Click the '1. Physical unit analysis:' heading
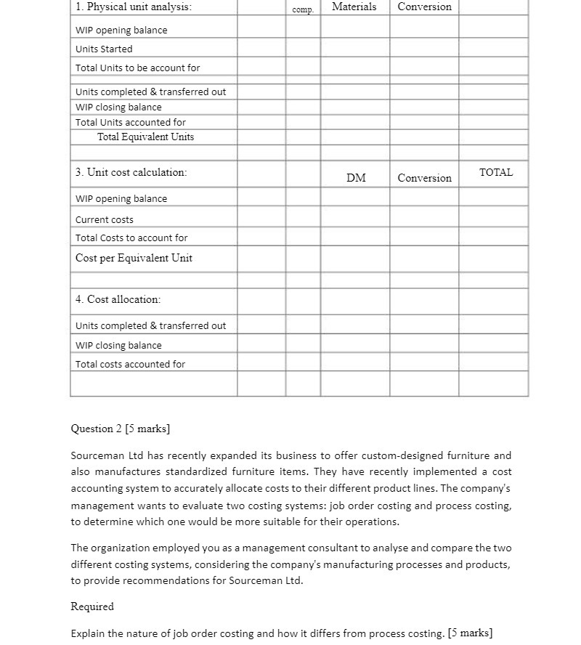pos(134,7)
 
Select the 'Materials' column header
pos(354,7)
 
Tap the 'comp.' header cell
pos(303,10)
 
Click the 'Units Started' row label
pos(104,49)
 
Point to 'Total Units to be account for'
pos(137,68)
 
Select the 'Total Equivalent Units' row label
pos(145,137)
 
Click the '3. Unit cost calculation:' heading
pos(131,173)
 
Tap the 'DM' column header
pos(356,178)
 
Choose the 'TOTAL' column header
pos(495,173)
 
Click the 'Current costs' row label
pos(105,219)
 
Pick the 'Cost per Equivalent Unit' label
pos(134,259)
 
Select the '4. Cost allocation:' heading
pos(118,299)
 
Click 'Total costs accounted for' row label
pos(130,365)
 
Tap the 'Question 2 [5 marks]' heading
pos(121,429)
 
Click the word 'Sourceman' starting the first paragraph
pos(97,456)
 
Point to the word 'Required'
pos(92,607)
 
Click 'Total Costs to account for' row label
pos(131,238)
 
